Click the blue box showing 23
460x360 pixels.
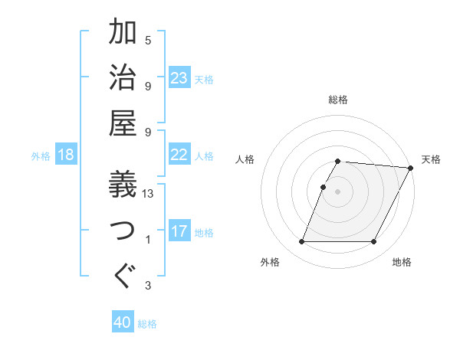point(179,77)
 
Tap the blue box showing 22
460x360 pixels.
point(179,155)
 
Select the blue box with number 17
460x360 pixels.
point(179,231)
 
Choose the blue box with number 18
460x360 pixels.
point(66,155)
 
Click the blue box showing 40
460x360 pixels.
point(123,322)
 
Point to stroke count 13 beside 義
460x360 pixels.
point(148,194)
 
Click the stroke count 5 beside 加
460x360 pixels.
point(148,40)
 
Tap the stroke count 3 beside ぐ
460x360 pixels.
point(148,286)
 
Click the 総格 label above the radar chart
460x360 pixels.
point(338,100)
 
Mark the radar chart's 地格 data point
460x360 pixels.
point(374,242)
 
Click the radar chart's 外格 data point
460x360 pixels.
point(301,242)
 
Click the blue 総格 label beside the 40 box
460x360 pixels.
point(147,324)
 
